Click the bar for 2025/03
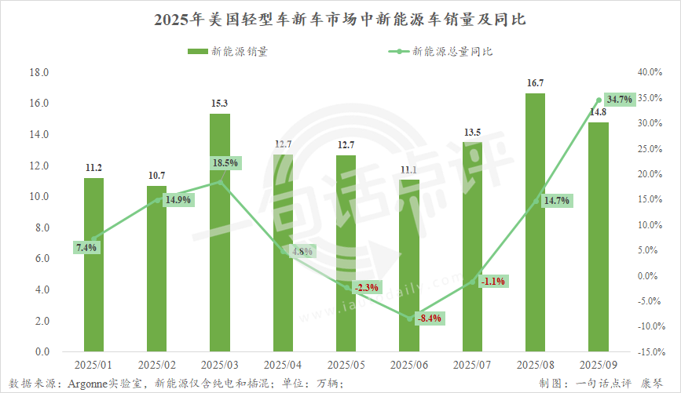[219, 235]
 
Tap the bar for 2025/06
[408, 267]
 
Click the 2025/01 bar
[93, 267]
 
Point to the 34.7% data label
[619, 100]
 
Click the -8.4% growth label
[429, 318]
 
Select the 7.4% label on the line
[86, 248]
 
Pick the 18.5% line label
[224, 162]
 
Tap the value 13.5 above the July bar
[472, 133]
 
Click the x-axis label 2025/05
[346, 366]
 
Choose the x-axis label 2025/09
[598, 366]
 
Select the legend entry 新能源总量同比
[445, 52]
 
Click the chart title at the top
[340, 20]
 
